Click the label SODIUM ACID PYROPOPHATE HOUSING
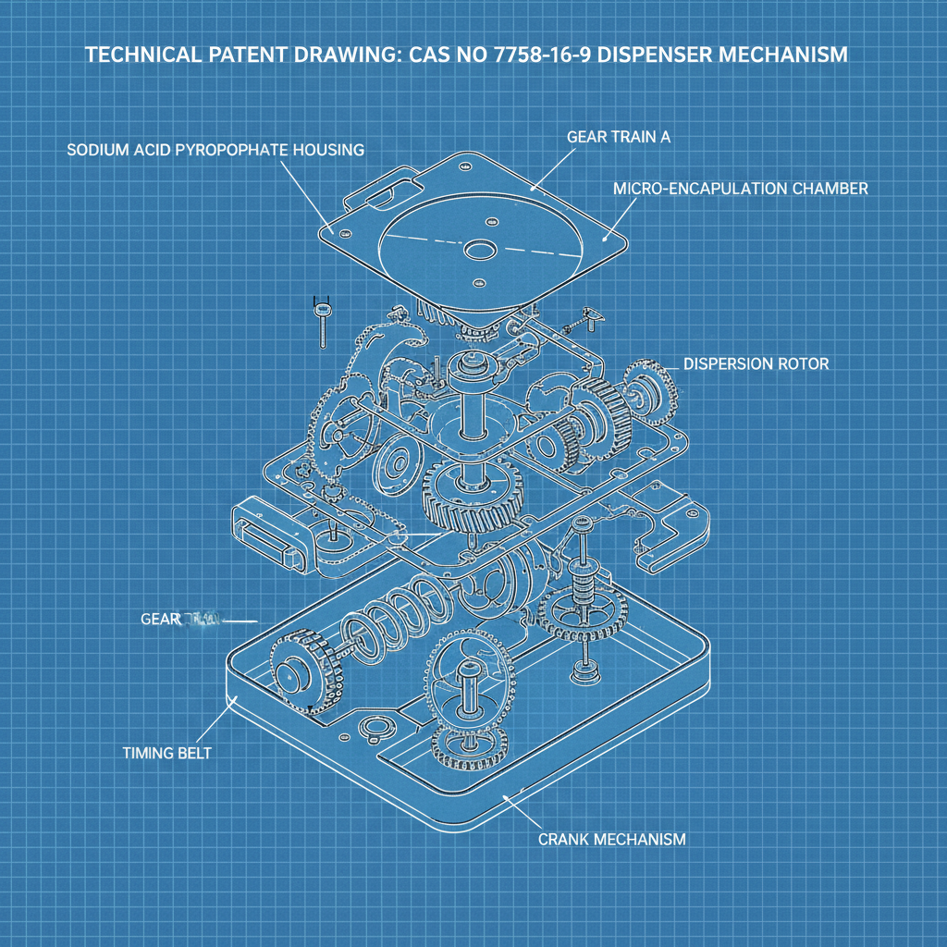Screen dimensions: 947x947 coord(215,149)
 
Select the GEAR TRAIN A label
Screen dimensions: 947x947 coord(618,137)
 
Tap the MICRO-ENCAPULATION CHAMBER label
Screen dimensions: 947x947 coord(740,189)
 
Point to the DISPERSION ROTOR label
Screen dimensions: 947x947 coord(756,364)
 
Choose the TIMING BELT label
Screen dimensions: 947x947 coord(166,753)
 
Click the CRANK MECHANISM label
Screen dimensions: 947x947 coord(611,840)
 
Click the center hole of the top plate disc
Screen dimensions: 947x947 coord(480,251)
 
